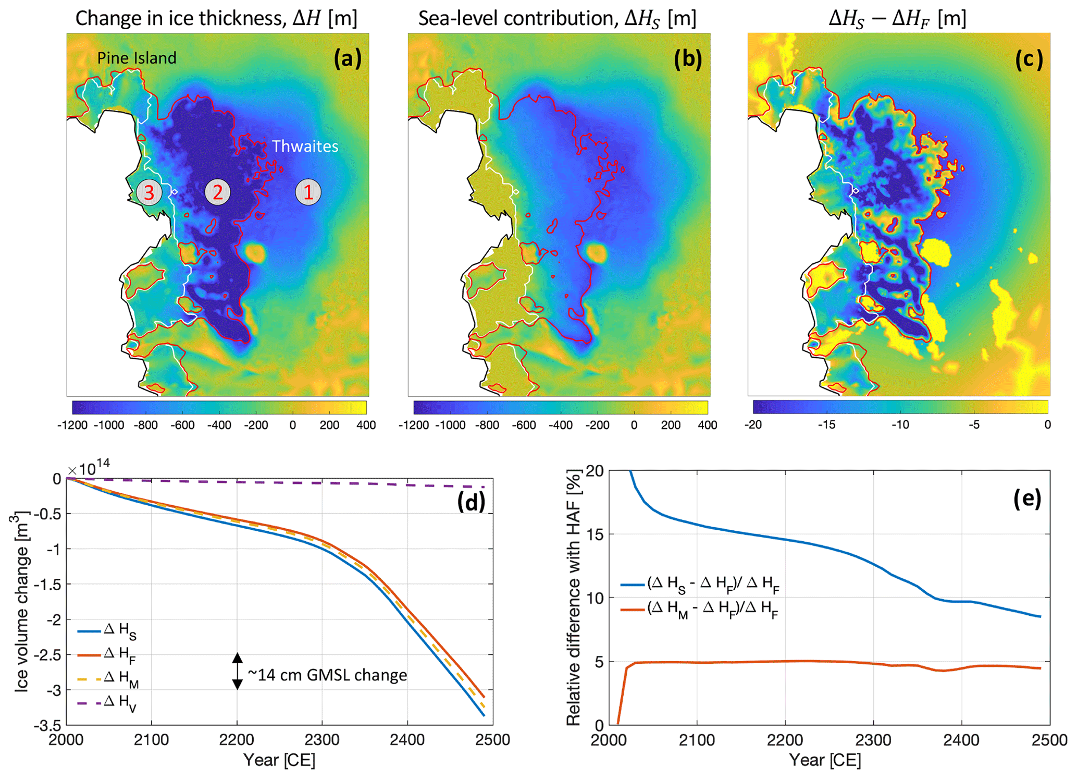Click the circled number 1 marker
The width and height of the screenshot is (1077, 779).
308,192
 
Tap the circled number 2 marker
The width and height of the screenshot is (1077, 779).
217,192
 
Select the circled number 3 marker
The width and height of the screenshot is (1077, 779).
149,192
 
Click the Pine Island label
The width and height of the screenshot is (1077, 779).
137,58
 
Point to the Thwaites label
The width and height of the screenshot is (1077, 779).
305,147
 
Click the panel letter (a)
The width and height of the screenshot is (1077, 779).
348,59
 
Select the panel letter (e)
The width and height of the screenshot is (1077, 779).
1027,499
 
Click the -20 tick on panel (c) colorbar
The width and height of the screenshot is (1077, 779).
753,425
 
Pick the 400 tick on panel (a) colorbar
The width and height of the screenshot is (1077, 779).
366,425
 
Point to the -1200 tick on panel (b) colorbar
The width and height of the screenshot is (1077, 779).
414,425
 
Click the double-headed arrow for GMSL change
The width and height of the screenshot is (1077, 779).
237,671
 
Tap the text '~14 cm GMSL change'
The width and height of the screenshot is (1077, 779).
327,675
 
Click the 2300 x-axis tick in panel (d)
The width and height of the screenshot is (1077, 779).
322,740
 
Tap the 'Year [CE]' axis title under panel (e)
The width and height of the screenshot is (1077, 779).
825,760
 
